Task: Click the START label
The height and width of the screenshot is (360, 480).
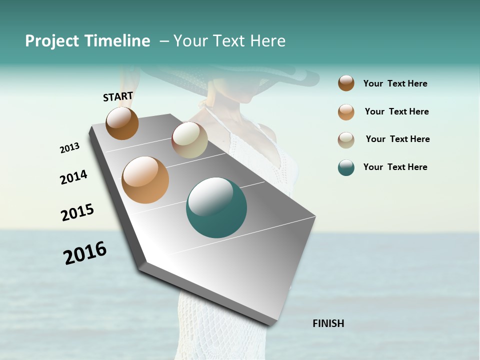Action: (x=118, y=96)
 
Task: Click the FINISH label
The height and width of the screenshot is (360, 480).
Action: (x=328, y=323)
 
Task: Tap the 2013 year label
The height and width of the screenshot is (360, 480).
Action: (x=69, y=148)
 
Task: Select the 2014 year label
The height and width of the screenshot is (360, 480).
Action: (x=73, y=177)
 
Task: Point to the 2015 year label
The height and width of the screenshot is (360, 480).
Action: (x=77, y=212)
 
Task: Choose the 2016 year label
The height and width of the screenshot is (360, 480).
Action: (x=85, y=253)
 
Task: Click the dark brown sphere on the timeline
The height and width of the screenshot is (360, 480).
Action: (x=122, y=123)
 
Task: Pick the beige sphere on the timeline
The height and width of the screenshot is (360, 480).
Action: (x=189, y=140)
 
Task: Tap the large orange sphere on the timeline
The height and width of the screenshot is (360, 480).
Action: (x=145, y=180)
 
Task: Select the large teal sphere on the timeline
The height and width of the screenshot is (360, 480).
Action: (x=216, y=207)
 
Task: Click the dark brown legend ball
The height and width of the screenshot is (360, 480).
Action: (x=346, y=83)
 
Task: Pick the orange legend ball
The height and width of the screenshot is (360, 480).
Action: (x=346, y=112)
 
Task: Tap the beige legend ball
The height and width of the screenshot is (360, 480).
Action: (x=346, y=140)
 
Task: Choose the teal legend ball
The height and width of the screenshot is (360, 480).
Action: (x=346, y=167)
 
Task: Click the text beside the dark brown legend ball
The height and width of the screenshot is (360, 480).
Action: (x=395, y=83)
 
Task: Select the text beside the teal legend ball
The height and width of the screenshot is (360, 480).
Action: (x=395, y=167)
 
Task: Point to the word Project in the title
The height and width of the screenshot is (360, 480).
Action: (x=52, y=41)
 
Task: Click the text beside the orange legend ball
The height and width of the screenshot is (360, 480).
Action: (x=396, y=111)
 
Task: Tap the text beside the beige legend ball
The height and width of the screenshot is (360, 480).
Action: (x=397, y=139)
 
